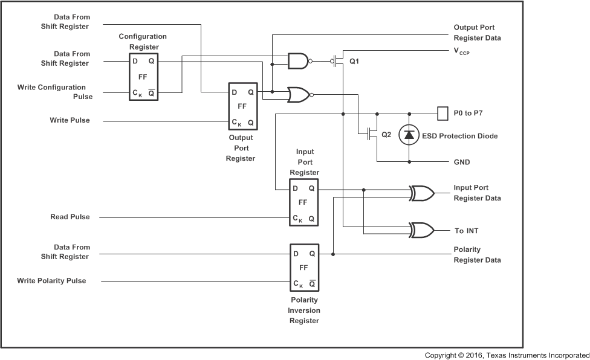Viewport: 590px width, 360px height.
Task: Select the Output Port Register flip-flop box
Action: (242, 106)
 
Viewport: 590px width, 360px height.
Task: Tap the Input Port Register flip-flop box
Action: (304, 203)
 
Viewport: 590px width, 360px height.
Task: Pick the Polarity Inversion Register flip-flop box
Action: (304, 269)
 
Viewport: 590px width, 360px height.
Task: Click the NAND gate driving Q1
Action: (298, 61)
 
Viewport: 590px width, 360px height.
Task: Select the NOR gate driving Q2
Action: (299, 94)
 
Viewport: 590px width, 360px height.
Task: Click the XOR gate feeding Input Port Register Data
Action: (421, 193)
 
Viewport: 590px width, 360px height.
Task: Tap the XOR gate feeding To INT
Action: (421, 230)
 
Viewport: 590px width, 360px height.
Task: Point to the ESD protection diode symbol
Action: (409, 136)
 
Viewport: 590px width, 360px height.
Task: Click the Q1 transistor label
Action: (354, 62)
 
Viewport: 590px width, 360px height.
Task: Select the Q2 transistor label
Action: (386, 135)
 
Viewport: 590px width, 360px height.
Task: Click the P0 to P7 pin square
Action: (441, 113)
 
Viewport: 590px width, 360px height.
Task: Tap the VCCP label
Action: (461, 52)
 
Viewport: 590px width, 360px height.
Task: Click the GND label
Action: (462, 162)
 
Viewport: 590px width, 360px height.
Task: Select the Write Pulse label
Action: (70, 120)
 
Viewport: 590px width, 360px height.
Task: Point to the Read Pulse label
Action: (70, 217)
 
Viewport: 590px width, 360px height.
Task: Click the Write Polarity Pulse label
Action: (51, 280)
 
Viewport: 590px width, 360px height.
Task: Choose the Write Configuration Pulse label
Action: (51, 92)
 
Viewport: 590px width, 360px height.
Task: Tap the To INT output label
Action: (466, 231)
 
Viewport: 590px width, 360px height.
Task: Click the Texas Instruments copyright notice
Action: (507, 355)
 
